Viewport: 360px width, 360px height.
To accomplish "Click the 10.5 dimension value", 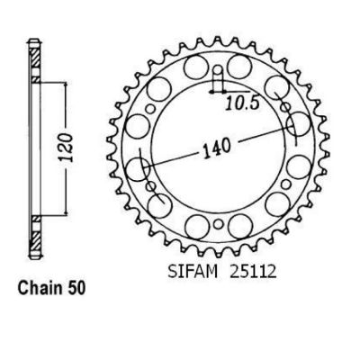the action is click(x=242, y=103).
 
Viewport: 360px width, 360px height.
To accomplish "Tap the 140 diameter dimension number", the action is click(x=218, y=148).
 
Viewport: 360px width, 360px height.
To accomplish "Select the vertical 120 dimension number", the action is click(x=67, y=148).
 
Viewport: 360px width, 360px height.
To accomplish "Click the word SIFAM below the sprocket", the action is click(x=193, y=272).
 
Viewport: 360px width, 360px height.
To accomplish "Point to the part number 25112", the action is click(x=253, y=272).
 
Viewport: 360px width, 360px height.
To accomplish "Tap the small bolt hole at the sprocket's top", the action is click(x=218, y=71).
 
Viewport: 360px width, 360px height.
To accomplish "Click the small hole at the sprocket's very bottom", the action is click(x=219, y=223).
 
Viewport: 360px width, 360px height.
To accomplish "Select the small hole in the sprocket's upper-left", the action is click(x=150, y=109).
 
